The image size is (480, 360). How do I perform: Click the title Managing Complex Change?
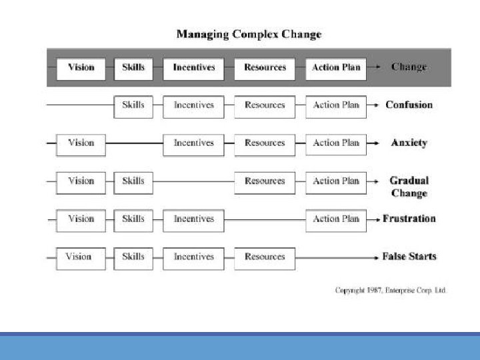(x=249, y=34)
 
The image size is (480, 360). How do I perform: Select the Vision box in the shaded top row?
(x=81, y=69)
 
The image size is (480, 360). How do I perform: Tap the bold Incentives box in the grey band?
(x=193, y=69)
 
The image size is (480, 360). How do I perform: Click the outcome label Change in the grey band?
(x=409, y=67)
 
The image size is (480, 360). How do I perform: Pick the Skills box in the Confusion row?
(x=133, y=107)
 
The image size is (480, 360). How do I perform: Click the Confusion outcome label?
(x=409, y=105)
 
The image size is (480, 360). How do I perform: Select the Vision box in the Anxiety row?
(x=81, y=145)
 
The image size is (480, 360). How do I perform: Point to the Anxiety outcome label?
(x=409, y=143)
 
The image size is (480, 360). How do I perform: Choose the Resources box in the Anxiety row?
(x=265, y=145)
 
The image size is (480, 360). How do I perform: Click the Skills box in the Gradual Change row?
(x=133, y=183)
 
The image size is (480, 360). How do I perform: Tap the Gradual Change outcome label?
(x=409, y=187)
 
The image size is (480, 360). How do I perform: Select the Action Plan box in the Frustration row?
(x=336, y=221)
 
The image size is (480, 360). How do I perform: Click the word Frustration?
(x=409, y=219)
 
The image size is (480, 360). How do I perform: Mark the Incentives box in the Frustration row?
(x=193, y=221)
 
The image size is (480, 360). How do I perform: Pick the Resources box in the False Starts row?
(x=265, y=259)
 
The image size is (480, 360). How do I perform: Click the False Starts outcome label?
(x=409, y=256)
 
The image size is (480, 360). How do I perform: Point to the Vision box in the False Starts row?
(x=81, y=259)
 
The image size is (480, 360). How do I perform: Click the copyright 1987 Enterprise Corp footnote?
(x=391, y=290)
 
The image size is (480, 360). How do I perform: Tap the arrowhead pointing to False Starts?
(x=377, y=258)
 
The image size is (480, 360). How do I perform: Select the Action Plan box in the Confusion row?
(x=336, y=107)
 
